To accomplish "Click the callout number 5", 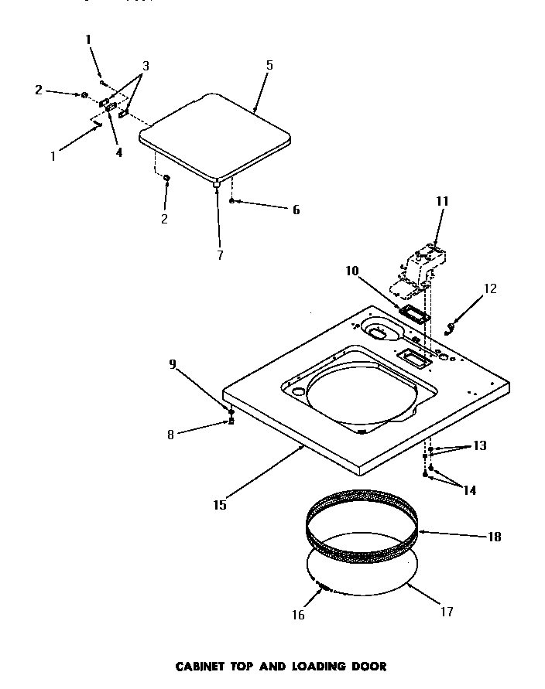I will pos(269,65).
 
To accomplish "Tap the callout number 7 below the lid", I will pos(220,255).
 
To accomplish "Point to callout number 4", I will pos(118,152).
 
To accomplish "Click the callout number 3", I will pos(145,66).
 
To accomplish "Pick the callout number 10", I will pos(352,271).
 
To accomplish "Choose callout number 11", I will pos(442,201).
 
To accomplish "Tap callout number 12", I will pos(489,289).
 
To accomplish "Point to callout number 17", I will pos(446,612).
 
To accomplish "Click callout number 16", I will pos(299,616).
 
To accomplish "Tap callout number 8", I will pos(170,435).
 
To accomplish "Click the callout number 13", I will pos(480,445).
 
